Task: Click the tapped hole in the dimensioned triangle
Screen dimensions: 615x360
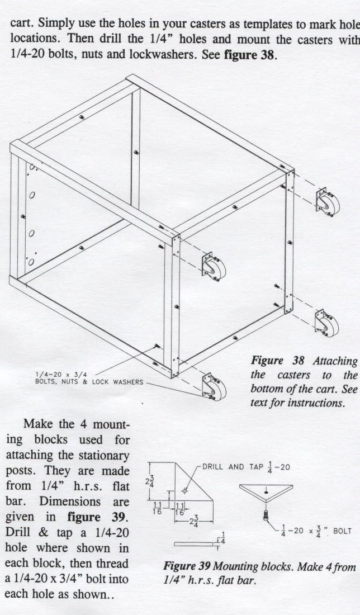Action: tap(186, 490)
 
